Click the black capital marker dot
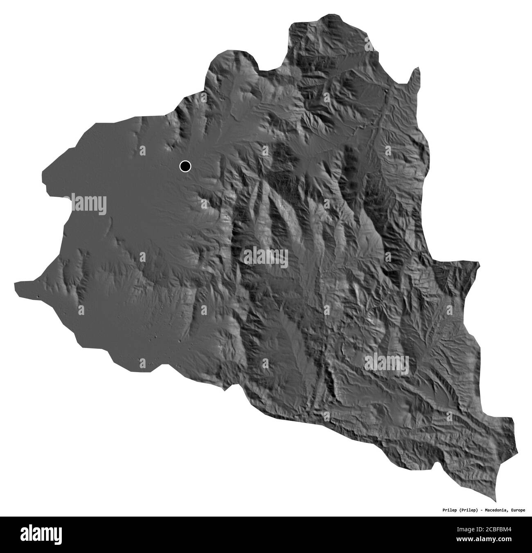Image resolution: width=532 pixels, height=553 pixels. click(x=185, y=166)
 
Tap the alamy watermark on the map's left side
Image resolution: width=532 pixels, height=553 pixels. click(x=89, y=204)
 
